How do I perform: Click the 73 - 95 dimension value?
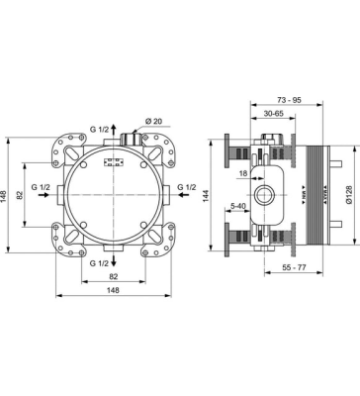[290, 102]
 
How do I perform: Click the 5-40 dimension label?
[239, 206]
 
